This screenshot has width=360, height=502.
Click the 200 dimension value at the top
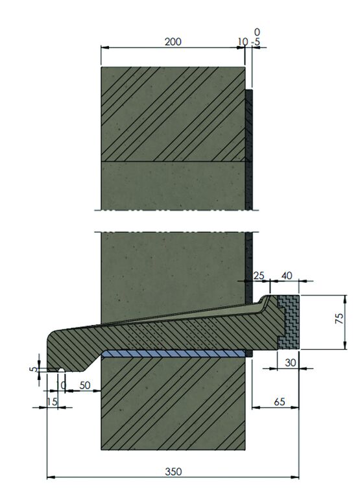click(173, 42)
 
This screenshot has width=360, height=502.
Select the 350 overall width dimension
click(173, 471)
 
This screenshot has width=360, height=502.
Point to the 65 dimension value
click(280, 402)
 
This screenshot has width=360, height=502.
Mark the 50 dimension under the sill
click(84, 385)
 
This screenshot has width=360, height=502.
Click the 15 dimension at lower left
click(53, 402)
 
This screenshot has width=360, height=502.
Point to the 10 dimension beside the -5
click(242, 42)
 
